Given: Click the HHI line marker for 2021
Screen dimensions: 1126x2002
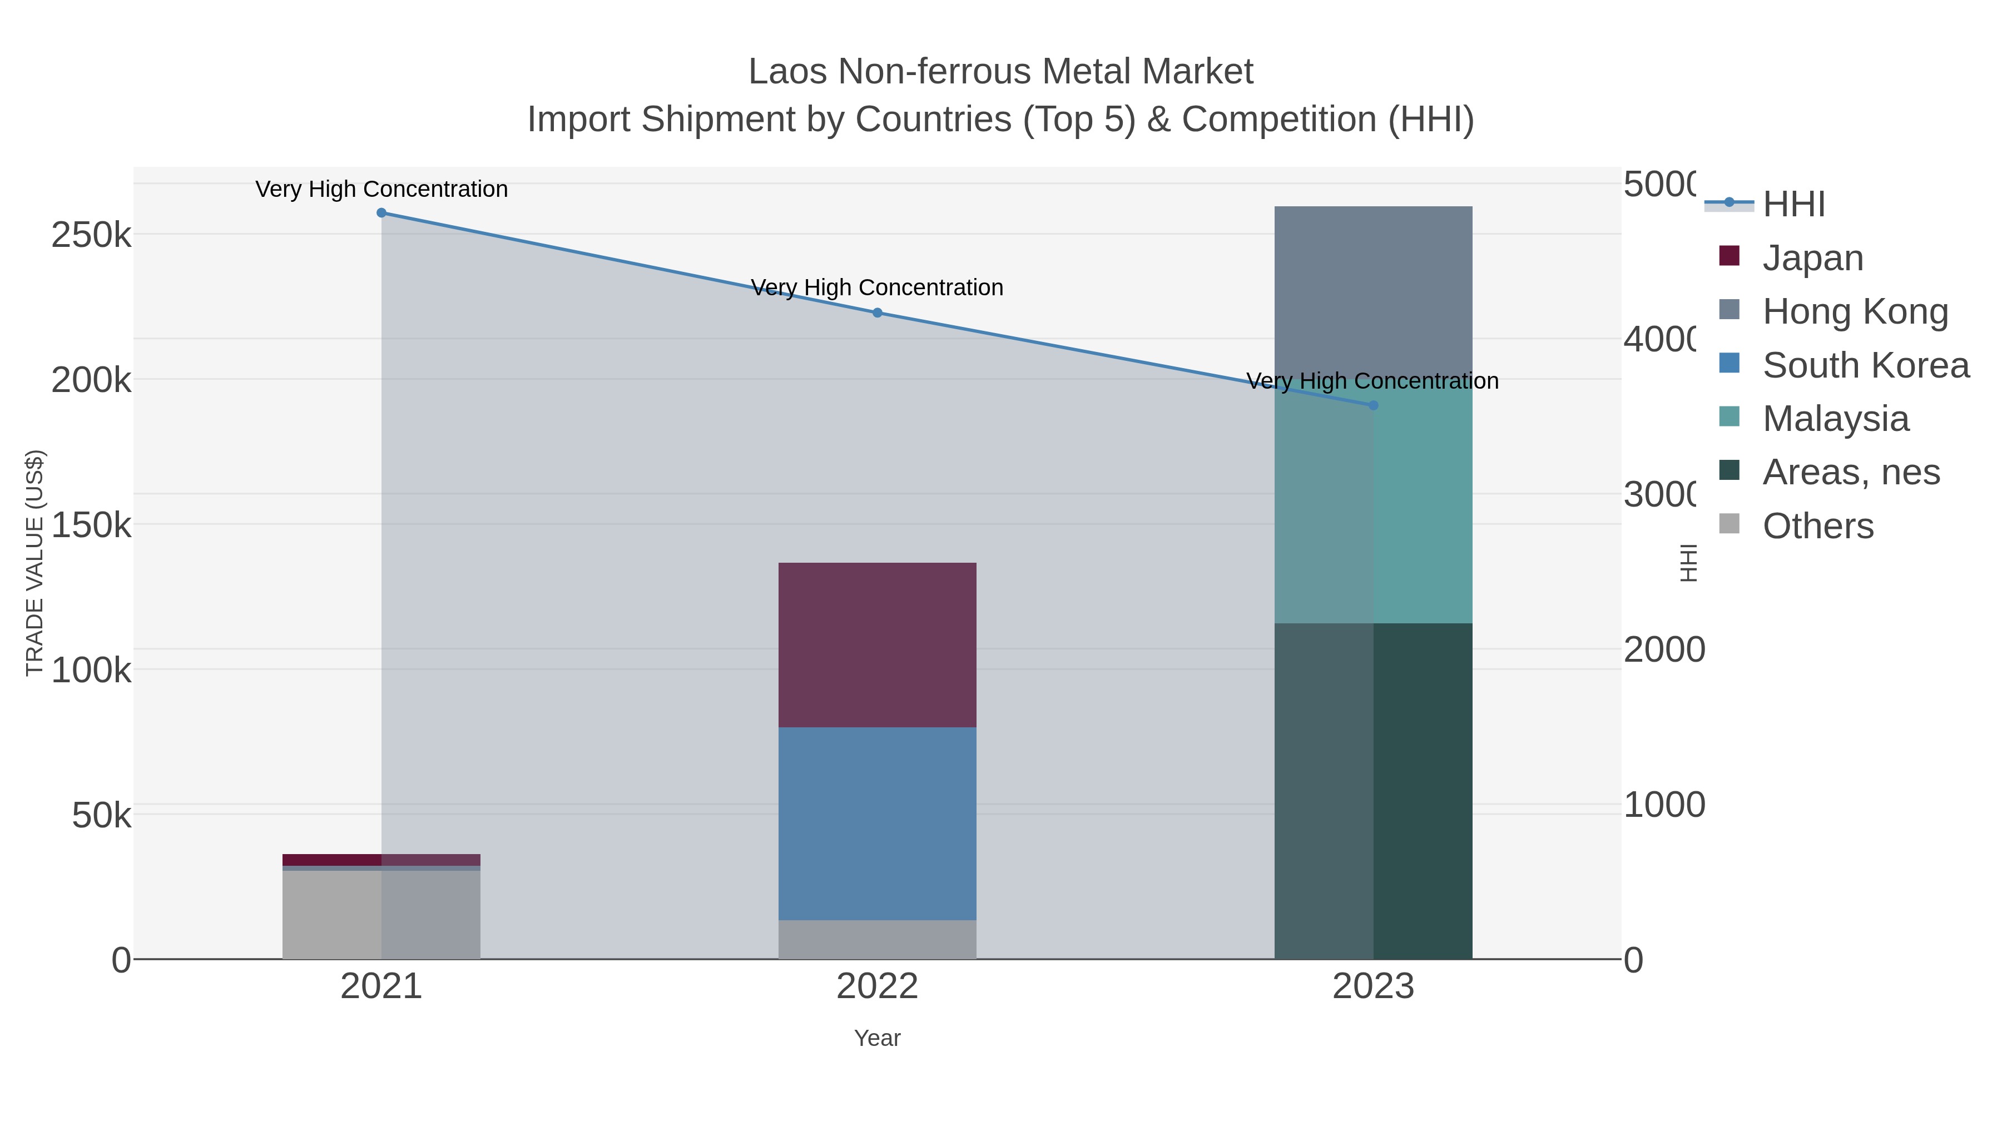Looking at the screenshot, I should pos(381,213).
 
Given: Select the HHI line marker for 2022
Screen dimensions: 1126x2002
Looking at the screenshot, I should pos(878,312).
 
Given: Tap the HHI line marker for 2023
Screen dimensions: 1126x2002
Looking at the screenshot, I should pos(1373,405).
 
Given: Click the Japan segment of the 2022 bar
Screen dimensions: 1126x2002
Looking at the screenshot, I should pos(878,645).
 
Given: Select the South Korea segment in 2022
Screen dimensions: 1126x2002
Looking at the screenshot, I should pos(878,824).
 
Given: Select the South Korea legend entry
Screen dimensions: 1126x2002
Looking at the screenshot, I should pos(1865,365).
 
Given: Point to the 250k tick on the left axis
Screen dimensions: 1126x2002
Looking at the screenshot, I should pos(92,235).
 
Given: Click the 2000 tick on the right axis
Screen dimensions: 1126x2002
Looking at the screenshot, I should pos(1663,649).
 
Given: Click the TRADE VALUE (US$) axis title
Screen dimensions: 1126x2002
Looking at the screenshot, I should pos(35,563).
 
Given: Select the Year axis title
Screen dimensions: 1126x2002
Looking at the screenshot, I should pos(878,1038).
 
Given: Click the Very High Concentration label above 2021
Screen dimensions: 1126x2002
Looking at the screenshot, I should pos(381,189).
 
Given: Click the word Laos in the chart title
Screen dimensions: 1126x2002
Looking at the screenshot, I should pos(788,72).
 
